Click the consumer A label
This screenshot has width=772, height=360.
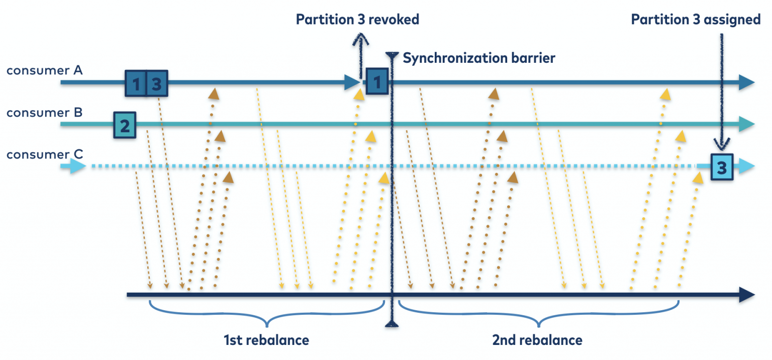pos(44,70)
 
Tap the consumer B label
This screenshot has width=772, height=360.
pos(44,113)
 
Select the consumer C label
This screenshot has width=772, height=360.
pos(44,154)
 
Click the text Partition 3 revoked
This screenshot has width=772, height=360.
pos(357,20)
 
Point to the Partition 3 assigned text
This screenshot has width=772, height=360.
pos(696,20)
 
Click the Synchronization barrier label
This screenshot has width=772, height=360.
pos(479,58)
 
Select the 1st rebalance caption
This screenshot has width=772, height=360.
pos(266,340)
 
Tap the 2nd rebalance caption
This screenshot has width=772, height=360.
pos(537,340)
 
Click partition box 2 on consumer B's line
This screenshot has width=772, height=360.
pos(125,125)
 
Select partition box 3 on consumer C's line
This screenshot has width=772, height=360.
pos(722,167)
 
